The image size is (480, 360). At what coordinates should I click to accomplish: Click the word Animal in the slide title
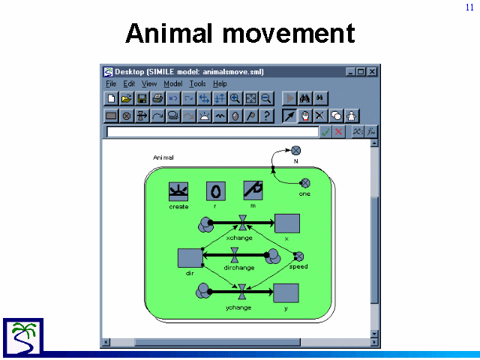click(169, 33)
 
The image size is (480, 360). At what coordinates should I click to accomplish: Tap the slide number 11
click(470, 7)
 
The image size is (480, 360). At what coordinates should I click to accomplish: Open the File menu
click(111, 83)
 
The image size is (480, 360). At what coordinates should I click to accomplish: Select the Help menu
click(220, 83)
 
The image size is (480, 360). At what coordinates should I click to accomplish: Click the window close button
click(372, 72)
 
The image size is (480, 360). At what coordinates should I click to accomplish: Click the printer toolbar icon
click(157, 98)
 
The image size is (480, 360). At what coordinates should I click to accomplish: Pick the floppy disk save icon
click(142, 98)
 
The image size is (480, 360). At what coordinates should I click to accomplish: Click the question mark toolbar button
click(267, 116)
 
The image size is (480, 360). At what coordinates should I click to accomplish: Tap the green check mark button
click(325, 132)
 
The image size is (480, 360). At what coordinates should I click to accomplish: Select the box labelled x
click(287, 223)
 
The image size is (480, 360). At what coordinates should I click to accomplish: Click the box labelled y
click(286, 293)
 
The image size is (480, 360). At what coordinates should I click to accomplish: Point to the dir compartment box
click(190, 258)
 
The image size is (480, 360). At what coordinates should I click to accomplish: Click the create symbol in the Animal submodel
click(178, 192)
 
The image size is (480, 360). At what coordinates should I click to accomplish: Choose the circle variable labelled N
click(295, 151)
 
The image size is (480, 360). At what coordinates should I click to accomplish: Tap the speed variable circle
click(298, 256)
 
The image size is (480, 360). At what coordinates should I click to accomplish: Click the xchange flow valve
click(243, 223)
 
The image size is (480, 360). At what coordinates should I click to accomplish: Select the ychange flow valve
click(241, 292)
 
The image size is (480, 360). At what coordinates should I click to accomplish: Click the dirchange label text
click(239, 268)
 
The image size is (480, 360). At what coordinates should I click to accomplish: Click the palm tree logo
click(23, 337)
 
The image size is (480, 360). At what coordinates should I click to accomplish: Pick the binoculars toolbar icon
click(305, 98)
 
